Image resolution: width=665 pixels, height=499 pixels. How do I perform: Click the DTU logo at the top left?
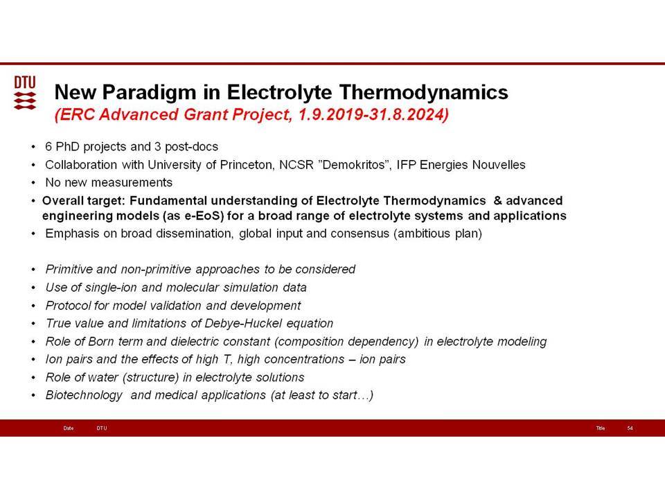click(x=25, y=93)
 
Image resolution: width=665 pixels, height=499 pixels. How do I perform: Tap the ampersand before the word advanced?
click(x=497, y=200)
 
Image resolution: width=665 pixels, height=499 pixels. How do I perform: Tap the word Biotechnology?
click(x=84, y=396)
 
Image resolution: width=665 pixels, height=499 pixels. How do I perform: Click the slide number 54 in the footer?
click(x=630, y=428)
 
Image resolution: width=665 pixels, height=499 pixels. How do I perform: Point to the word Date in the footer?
click(x=69, y=428)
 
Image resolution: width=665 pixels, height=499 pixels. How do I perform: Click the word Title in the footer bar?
click(x=600, y=428)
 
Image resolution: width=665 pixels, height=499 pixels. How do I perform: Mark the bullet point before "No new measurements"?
click(x=33, y=183)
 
